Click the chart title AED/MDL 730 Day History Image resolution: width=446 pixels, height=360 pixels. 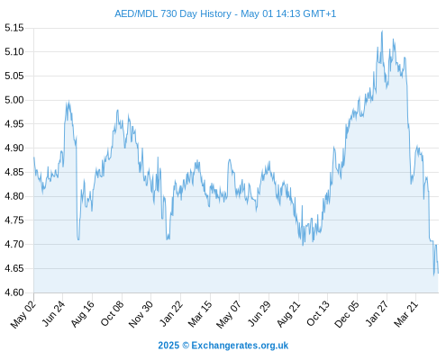173,13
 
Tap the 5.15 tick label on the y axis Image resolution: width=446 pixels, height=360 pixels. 14,28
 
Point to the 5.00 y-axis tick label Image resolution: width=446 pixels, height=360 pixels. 14,100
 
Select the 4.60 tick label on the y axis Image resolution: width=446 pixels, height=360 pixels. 14,292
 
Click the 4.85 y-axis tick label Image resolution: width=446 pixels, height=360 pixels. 14,172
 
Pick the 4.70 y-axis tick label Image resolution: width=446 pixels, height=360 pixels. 14,244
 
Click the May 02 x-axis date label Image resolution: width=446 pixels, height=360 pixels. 23,314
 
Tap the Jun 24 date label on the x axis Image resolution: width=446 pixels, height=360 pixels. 53,314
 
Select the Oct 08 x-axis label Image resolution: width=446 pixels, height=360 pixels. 112,314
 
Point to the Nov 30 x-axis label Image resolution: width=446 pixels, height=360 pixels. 141,314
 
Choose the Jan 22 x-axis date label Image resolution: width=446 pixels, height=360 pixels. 170,314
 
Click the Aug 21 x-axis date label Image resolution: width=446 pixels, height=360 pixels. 288,314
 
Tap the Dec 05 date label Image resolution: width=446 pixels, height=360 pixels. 347,314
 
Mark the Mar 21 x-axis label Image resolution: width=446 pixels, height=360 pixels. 406,314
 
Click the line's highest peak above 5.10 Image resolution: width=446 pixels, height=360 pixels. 382,31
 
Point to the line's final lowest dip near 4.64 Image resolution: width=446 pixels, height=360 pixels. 434,274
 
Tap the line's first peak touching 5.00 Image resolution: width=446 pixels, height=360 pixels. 68,101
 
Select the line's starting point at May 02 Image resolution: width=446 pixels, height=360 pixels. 34,157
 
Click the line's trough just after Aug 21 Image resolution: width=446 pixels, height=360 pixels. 303,245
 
